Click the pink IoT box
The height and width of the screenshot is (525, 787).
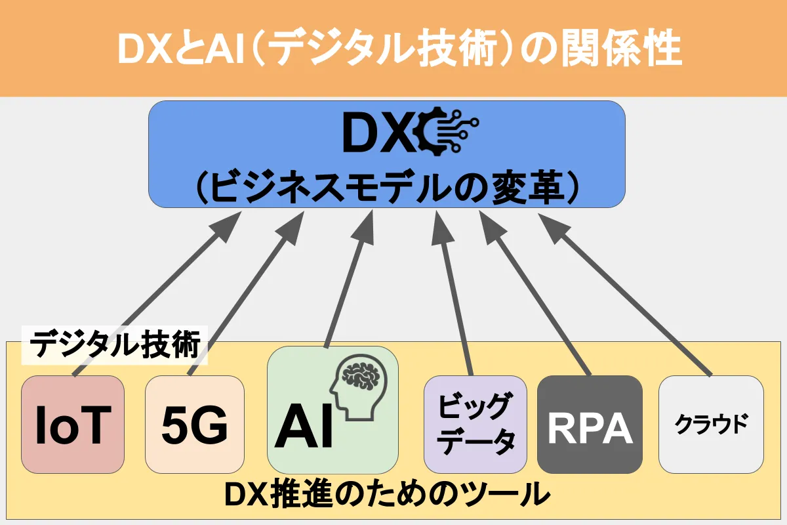click(x=72, y=424)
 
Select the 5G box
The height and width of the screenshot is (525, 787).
click(x=194, y=424)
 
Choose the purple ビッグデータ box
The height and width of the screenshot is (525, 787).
click(x=475, y=424)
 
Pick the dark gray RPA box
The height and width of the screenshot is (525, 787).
click(x=589, y=424)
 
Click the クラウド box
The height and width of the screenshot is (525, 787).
click(x=711, y=424)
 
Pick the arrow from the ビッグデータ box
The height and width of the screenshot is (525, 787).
click(x=456, y=295)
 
